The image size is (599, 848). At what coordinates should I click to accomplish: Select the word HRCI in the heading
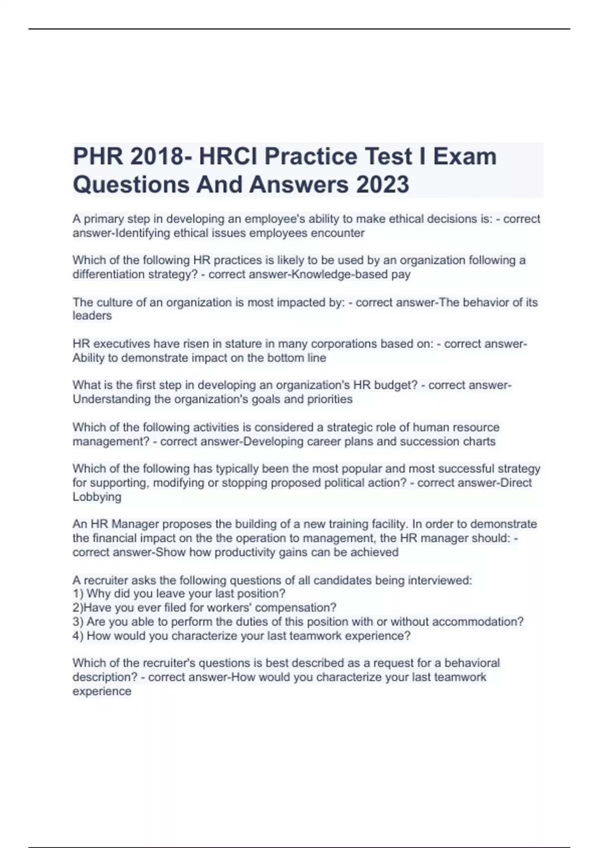pos(228,157)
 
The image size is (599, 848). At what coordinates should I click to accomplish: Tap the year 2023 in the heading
pos(382,185)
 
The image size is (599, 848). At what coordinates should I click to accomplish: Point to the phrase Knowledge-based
pos(336,274)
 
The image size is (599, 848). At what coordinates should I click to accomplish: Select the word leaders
pos(92,316)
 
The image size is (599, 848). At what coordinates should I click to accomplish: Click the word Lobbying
pos(97,497)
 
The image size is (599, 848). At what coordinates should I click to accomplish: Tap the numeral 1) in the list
pos(78,594)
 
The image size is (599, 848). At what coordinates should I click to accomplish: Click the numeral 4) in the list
pos(78,636)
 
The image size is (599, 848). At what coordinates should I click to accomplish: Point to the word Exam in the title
pos(465,157)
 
